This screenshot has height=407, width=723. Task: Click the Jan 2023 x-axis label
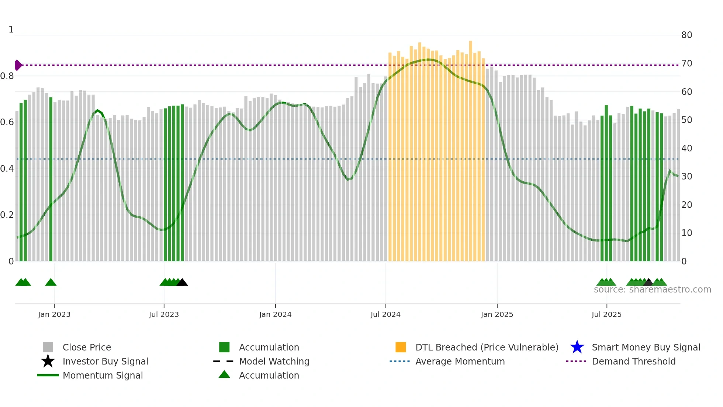point(54,314)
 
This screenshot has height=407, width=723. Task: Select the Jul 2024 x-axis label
point(385,314)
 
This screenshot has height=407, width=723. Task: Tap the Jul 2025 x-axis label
point(606,314)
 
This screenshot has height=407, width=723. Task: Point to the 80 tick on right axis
point(686,35)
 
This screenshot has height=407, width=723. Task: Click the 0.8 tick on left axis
point(7,76)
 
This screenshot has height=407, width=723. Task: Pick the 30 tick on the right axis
point(686,177)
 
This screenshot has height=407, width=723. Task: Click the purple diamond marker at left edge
point(18,65)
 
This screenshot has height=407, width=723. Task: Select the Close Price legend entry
point(87,347)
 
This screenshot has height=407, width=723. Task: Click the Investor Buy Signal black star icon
point(48,361)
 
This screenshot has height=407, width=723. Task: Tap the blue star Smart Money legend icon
point(577,347)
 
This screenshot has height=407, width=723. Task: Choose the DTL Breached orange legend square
point(401,347)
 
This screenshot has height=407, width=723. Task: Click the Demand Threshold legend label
point(633,361)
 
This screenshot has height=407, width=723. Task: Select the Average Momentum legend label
point(460,361)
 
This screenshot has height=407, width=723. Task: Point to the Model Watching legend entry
point(274,361)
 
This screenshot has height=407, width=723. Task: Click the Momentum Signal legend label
point(103,375)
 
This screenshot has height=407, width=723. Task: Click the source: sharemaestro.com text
point(652,290)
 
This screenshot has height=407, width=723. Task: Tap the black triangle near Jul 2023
point(182,283)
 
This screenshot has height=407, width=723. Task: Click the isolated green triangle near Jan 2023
point(51,283)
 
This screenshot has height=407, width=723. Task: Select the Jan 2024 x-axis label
point(275,314)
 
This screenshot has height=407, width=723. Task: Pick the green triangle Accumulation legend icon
point(224,374)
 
